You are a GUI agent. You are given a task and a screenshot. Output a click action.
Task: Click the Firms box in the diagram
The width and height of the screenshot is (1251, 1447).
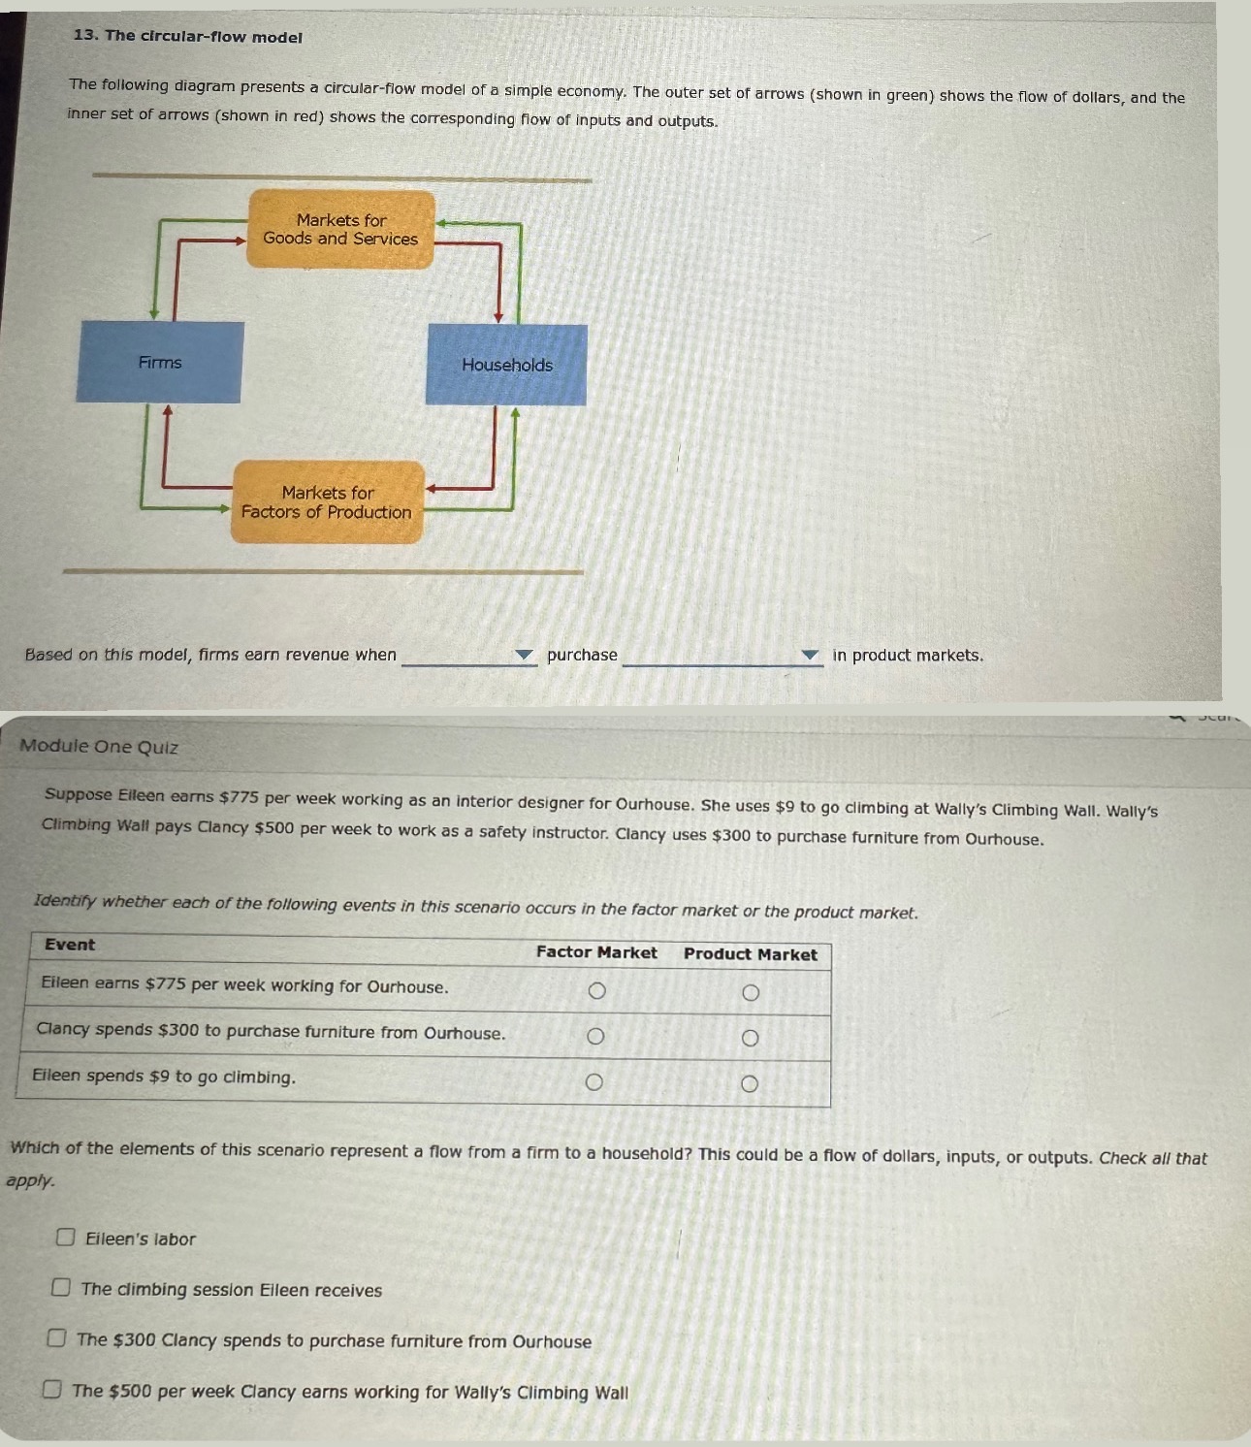click(160, 362)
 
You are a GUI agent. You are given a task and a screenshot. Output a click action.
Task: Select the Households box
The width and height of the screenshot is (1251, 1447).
click(506, 365)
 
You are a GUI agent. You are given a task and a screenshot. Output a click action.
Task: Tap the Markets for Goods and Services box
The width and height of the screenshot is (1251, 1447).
click(340, 230)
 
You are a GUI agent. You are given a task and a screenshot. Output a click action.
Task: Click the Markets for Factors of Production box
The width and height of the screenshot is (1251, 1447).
click(328, 502)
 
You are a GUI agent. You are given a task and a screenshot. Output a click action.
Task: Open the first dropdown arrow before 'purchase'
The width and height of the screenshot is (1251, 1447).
click(524, 656)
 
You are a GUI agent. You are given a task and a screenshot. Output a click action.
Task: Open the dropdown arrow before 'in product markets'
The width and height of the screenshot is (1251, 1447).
click(810, 656)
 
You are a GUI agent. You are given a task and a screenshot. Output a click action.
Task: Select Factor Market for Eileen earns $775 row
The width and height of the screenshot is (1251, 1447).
click(597, 990)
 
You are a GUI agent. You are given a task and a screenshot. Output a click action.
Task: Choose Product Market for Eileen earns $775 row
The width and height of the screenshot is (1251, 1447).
click(750, 992)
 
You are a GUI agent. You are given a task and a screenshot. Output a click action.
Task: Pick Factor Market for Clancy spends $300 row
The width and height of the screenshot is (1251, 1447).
click(595, 1036)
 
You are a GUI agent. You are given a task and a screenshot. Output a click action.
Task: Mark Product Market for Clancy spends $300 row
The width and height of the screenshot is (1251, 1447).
click(750, 1038)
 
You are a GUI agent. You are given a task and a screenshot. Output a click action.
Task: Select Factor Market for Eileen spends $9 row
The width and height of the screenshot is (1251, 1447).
click(594, 1081)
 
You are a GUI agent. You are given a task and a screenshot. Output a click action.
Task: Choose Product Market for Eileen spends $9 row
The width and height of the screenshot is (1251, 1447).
click(749, 1083)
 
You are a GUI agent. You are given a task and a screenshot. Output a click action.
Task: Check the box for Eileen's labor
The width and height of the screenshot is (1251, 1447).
click(66, 1237)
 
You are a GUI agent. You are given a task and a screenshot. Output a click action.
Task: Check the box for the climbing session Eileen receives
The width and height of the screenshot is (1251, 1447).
click(61, 1287)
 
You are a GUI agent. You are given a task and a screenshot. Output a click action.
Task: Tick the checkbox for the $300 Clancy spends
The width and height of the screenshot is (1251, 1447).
click(57, 1338)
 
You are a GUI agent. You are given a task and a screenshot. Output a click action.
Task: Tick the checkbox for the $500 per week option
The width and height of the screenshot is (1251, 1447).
click(52, 1389)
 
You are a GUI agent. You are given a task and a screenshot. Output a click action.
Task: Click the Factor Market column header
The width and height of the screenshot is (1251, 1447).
click(596, 952)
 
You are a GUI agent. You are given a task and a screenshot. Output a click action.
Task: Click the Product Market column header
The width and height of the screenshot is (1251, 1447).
click(750, 954)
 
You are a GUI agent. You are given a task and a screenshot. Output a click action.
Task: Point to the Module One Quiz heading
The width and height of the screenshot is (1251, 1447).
click(99, 746)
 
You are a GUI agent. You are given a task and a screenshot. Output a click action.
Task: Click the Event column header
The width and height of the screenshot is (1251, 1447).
click(70, 945)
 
